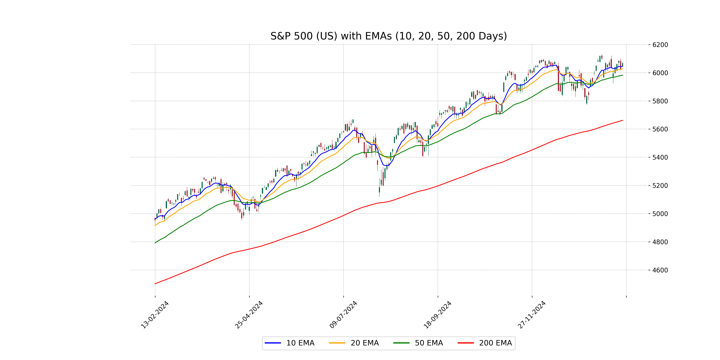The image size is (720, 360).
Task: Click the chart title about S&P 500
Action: tap(388, 36)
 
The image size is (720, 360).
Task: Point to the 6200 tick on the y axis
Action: tap(660, 45)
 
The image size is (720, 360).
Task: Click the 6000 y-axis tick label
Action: tap(660, 73)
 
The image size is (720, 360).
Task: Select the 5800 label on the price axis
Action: tap(660, 101)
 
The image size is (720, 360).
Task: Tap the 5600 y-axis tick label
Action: tap(660, 129)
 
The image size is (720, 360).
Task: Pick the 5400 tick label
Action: tap(660, 157)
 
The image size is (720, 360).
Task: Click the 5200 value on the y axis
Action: tap(660, 186)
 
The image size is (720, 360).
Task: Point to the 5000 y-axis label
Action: tap(660, 214)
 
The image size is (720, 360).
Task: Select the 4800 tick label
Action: tap(660, 242)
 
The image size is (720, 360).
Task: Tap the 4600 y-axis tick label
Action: tap(660, 270)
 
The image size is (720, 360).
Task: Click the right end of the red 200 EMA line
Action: tap(622, 120)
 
